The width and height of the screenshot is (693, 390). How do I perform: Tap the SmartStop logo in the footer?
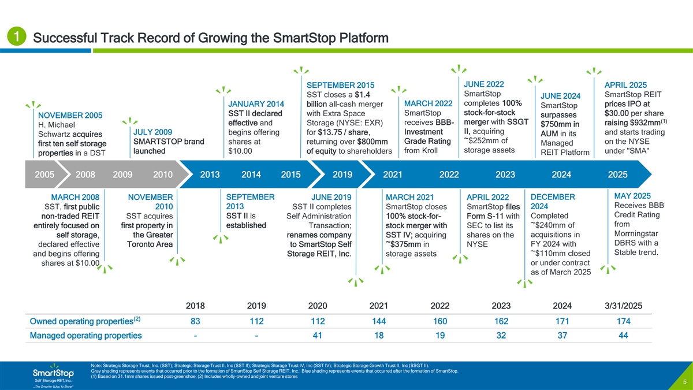pos(53,374)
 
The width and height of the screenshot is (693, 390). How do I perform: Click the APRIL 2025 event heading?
pos(625,84)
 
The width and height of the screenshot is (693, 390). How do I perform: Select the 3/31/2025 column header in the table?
pos(623,306)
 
